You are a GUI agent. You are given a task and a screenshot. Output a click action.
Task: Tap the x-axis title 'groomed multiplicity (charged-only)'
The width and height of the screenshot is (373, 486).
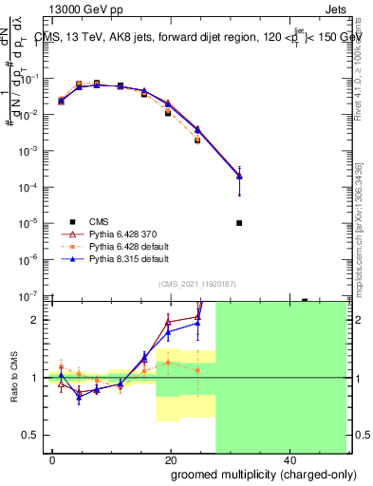pos(250,474)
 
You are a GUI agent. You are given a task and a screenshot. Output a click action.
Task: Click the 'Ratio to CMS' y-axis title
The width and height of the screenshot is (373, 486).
pos(14,378)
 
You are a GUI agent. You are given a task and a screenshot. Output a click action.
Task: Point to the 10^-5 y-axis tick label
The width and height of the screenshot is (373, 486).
pos(33,223)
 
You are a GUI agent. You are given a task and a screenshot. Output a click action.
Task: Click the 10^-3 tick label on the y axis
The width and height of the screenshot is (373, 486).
pos(33,151)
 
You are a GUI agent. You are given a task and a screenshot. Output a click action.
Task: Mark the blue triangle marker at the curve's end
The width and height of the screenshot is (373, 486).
pos(239,176)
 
